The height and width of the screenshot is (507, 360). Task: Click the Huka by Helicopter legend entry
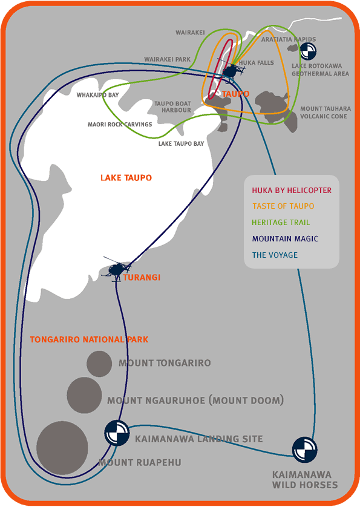point(292,190)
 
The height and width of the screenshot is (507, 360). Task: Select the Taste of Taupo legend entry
point(283,206)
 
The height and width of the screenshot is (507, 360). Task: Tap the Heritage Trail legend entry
point(281,223)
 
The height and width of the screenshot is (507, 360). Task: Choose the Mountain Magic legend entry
point(285,238)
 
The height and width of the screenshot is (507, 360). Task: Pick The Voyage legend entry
point(275,255)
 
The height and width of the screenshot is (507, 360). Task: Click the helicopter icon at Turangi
point(116,269)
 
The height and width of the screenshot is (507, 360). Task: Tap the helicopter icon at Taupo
point(231,70)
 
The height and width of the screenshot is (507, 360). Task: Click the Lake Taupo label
point(126,177)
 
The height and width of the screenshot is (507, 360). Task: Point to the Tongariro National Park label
point(90,339)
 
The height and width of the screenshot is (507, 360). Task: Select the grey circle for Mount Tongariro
point(99,364)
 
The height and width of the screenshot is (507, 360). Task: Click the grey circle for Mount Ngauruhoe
point(84,395)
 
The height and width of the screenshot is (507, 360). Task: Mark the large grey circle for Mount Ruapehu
point(62,448)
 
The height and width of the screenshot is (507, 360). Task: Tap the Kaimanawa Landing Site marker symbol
point(117,433)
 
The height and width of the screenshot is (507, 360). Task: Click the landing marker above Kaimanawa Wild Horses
point(305,450)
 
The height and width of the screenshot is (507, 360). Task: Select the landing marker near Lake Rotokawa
point(308,51)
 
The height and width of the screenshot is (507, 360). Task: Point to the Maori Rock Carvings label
point(120,124)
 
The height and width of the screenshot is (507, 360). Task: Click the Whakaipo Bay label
point(97,95)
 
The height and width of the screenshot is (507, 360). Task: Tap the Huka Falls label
point(256,63)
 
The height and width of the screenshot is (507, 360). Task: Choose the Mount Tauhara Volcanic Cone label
point(326,113)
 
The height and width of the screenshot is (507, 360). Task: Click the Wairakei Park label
point(167,59)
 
